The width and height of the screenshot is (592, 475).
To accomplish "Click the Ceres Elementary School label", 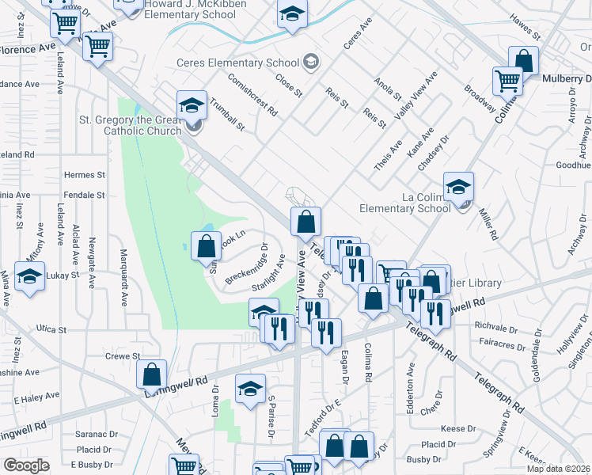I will (x=238, y=63).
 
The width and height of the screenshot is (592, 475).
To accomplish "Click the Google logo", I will (x=26, y=465).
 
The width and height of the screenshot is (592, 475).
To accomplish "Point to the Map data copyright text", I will (x=559, y=469).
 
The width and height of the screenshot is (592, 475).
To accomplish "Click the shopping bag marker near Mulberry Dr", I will (x=523, y=60).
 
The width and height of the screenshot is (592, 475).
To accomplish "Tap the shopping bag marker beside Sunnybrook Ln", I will (x=206, y=245).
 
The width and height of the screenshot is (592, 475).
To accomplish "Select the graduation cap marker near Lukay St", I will (x=29, y=276).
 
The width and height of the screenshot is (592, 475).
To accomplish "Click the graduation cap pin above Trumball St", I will (x=191, y=104).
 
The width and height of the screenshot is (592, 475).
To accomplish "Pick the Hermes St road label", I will (x=85, y=175).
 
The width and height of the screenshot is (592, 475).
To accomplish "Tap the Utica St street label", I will (x=51, y=329).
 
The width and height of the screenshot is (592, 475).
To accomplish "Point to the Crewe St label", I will (x=122, y=357).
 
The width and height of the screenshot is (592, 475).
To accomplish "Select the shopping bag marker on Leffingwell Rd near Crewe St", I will (x=151, y=374).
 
